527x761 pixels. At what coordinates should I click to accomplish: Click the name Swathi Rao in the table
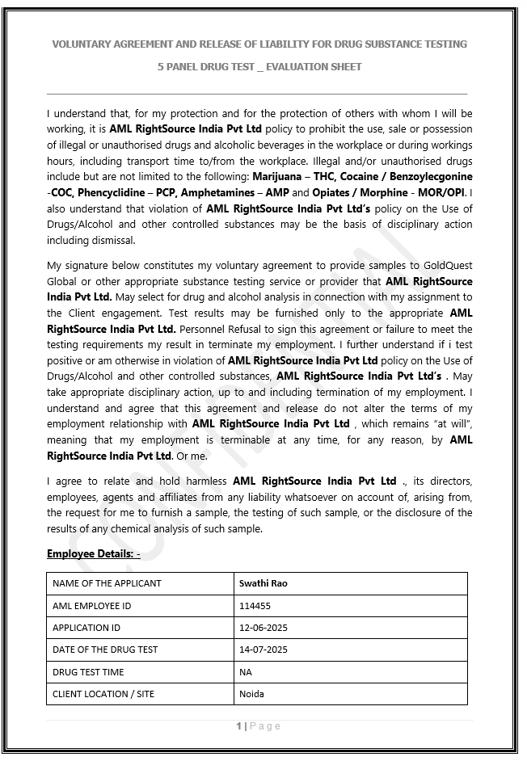(x=263, y=583)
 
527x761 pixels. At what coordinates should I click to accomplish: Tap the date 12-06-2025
(x=263, y=628)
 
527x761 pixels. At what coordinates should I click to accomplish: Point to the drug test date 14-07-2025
(x=263, y=650)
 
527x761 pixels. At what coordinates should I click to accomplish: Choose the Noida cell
(x=251, y=694)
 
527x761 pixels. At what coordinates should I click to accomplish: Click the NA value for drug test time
(x=246, y=672)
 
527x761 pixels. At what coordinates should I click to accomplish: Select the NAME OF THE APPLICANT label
(x=107, y=583)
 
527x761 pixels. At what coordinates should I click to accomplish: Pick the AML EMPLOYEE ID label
(x=91, y=605)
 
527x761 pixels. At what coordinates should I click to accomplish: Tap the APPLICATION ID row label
(x=86, y=628)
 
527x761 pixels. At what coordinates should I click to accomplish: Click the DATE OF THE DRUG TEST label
(x=105, y=650)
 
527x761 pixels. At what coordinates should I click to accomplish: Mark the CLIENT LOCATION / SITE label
(x=103, y=694)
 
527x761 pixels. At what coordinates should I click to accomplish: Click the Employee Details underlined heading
(x=93, y=553)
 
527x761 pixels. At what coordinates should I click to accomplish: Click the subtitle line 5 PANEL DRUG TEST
(x=259, y=66)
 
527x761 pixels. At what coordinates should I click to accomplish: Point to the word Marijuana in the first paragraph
(x=276, y=176)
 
